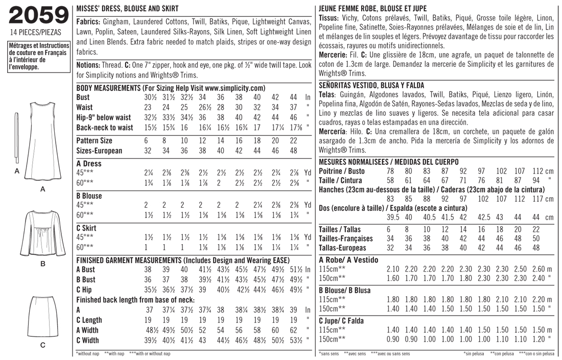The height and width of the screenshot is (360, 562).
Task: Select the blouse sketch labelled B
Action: (42, 233)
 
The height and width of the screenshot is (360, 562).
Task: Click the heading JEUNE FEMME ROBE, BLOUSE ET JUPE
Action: (372, 9)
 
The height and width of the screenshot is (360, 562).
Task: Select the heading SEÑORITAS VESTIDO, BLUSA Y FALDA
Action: (371, 85)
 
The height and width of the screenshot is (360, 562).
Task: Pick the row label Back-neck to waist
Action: (104, 128)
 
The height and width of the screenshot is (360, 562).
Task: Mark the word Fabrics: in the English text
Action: (88, 23)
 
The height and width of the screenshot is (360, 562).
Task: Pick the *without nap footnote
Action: (88, 353)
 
